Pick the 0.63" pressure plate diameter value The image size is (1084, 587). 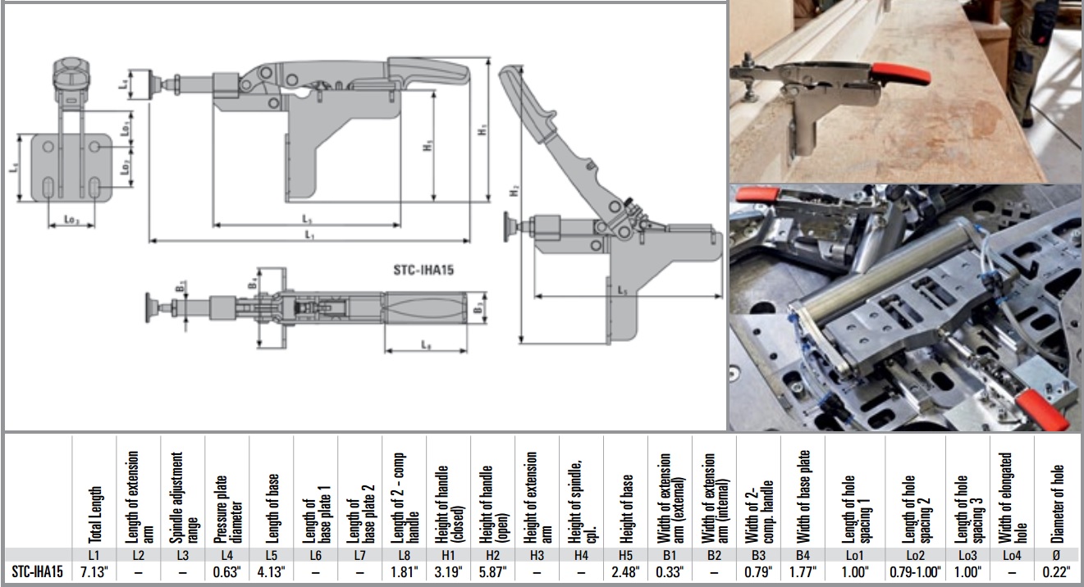click(227, 571)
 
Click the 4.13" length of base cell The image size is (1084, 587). click(272, 571)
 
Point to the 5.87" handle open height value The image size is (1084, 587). click(493, 571)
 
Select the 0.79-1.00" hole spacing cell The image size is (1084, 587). click(915, 571)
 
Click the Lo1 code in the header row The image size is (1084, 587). click(859, 555)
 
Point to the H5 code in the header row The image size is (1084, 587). click(626, 555)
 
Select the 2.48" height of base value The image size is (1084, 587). click(626, 571)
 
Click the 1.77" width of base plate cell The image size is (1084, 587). click(803, 571)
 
